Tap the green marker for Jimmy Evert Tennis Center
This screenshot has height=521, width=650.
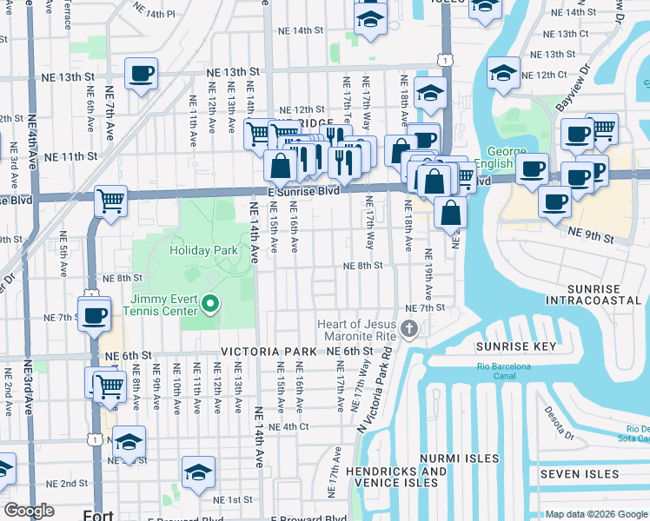coord(210,303)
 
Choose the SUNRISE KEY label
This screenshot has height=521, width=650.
coord(515,346)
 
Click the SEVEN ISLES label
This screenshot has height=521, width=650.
coord(580,474)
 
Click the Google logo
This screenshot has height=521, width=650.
coord(29,511)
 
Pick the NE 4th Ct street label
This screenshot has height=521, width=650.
coord(288,426)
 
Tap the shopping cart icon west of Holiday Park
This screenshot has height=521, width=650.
coord(111,201)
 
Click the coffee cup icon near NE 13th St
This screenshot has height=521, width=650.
coord(141,74)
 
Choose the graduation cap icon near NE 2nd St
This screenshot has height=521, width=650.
coord(199,472)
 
